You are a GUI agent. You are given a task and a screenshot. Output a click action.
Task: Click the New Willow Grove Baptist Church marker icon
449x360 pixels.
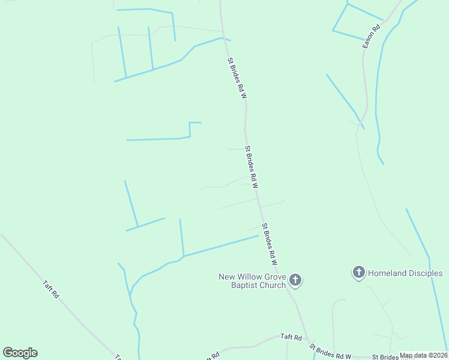(295, 280)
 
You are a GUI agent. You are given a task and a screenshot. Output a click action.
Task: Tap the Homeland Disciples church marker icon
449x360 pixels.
(359, 273)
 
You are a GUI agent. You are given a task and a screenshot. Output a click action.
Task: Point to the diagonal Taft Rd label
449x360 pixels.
(51, 289)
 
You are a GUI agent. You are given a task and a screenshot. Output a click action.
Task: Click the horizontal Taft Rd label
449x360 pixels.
(291, 338)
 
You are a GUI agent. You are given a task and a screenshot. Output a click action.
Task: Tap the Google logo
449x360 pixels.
(20, 353)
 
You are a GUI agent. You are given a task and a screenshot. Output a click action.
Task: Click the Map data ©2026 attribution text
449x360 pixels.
(423, 355)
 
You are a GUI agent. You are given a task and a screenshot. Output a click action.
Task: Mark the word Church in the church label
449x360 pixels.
(273, 285)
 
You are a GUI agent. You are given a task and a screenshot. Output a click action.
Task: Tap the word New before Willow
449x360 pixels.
(226, 277)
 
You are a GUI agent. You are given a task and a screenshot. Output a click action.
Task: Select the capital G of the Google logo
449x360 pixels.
(8, 353)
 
